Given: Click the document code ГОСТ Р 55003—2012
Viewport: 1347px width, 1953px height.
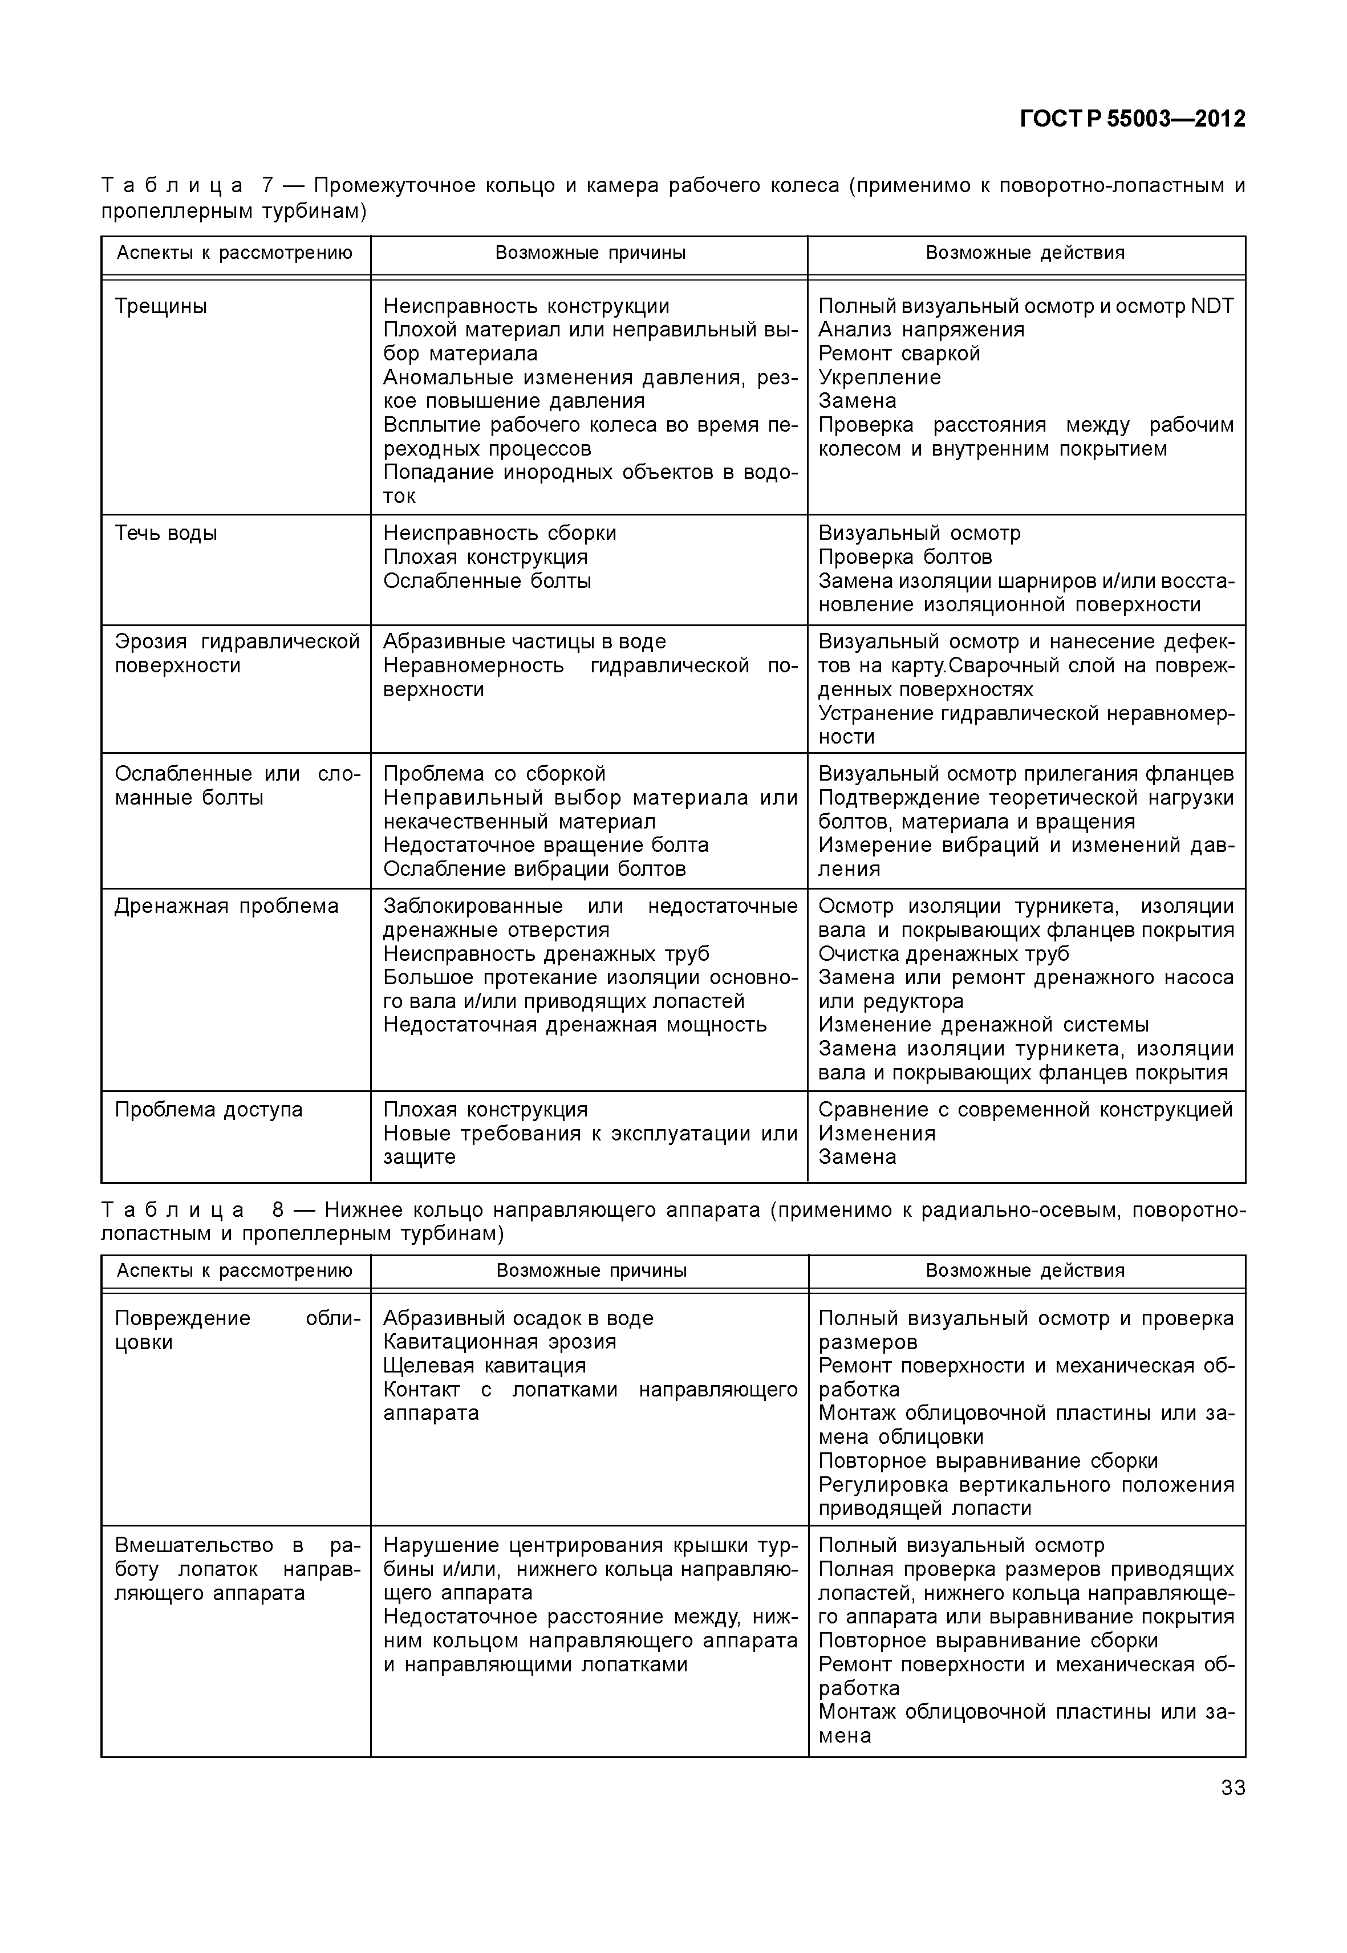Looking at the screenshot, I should pyautogui.click(x=1132, y=119).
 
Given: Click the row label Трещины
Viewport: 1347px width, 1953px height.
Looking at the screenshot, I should pyautogui.click(x=160, y=306).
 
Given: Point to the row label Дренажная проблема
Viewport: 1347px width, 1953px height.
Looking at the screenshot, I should pyautogui.click(x=226, y=907).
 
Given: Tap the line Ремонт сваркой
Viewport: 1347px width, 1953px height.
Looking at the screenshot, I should pyautogui.click(x=899, y=354).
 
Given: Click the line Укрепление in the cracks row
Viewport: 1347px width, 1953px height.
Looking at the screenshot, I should pyautogui.click(x=879, y=377).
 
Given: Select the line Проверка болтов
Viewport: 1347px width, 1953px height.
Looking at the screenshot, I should pyautogui.click(x=905, y=557).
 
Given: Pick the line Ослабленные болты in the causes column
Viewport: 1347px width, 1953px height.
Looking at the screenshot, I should pyautogui.click(x=487, y=580).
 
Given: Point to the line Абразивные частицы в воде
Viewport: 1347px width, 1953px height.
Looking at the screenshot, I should pyautogui.click(x=524, y=641).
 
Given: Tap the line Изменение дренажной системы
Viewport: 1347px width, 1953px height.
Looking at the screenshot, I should pyautogui.click(x=983, y=1025).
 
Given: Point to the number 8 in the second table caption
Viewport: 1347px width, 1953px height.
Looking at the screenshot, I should pyautogui.click(x=278, y=1210).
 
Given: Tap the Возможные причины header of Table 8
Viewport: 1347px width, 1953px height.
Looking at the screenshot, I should pyautogui.click(x=591, y=1270).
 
